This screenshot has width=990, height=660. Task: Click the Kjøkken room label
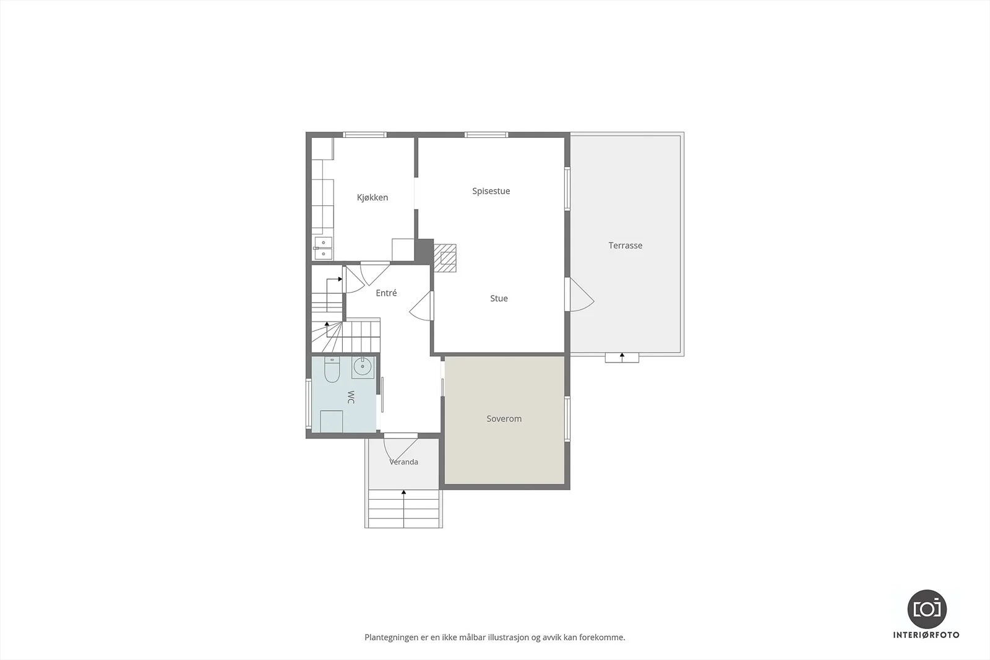coord(372,197)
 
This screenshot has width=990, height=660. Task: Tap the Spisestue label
coord(491,191)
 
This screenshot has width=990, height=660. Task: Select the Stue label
coord(499,298)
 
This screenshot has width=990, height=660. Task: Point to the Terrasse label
coord(626,245)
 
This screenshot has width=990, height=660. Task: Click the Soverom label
coord(504,418)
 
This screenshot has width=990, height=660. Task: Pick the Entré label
coord(386,293)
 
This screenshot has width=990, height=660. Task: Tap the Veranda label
coord(403,461)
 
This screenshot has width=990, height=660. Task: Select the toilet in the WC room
coord(332,370)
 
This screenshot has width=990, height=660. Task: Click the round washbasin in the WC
coord(363,366)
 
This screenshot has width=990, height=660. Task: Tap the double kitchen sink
coord(324,248)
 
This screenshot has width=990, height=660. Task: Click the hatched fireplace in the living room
coord(445,258)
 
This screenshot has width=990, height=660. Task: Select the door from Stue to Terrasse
coord(579,294)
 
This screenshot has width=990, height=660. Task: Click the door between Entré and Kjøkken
coord(375,273)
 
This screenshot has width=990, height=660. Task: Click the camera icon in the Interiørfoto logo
coord(927,609)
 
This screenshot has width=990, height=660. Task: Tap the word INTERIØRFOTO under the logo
coord(926,635)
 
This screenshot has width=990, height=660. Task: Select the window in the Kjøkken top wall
coord(364,135)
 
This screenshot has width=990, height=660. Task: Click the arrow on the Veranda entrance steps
coord(403,508)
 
